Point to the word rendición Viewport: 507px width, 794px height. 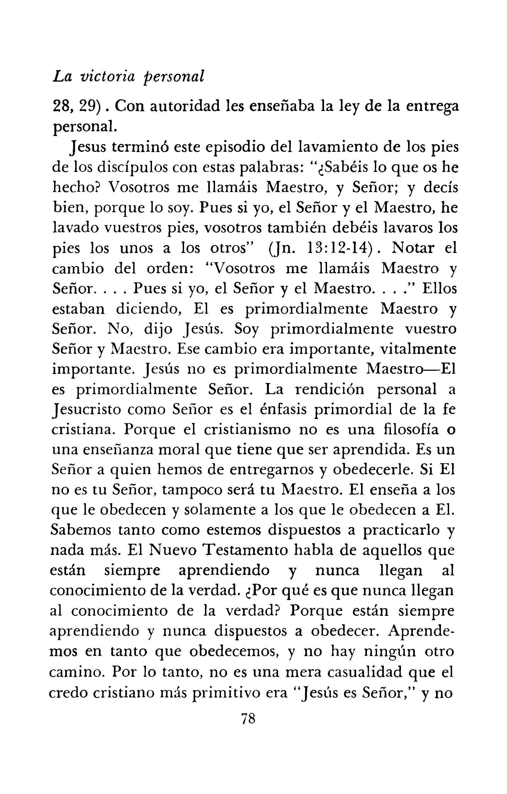tap(329, 390)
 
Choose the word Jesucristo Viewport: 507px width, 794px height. tap(86, 410)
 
